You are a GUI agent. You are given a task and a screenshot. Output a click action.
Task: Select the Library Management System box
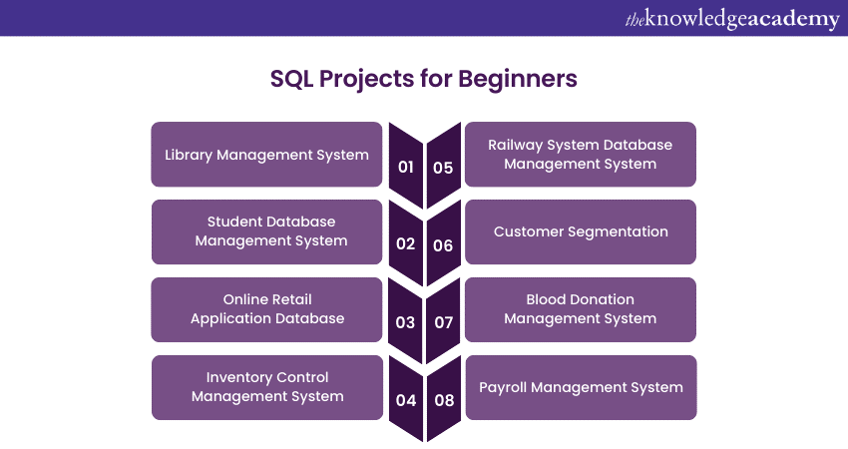pyautogui.click(x=266, y=155)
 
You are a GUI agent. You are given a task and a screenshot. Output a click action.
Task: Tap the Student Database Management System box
pyautogui.click(x=266, y=231)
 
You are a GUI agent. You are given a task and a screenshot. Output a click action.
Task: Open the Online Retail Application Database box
pyautogui.click(x=266, y=309)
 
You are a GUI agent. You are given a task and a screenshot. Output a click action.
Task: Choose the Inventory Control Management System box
pyautogui.click(x=266, y=387)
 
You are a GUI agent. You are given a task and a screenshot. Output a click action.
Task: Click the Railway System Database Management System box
pyautogui.click(x=581, y=155)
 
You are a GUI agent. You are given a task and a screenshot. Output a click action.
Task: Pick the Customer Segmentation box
pyautogui.click(x=581, y=231)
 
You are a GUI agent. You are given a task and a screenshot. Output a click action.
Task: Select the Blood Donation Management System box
pyautogui.click(x=581, y=309)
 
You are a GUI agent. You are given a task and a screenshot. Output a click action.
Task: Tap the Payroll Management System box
pyautogui.click(x=581, y=387)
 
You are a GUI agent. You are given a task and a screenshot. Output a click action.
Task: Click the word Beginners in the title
pyautogui.click(x=518, y=79)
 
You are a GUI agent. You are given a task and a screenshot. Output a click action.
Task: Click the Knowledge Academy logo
pyautogui.click(x=732, y=19)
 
